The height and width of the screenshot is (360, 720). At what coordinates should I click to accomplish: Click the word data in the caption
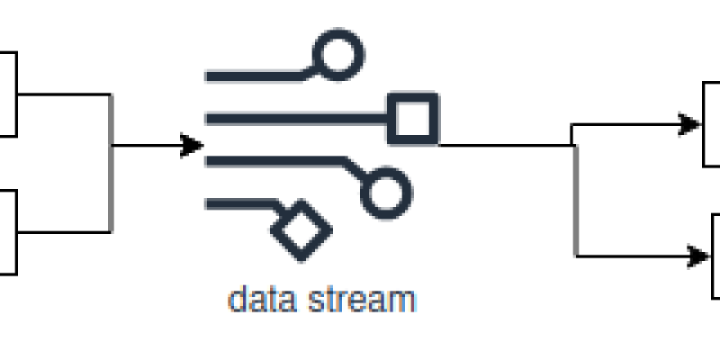pos(256,298)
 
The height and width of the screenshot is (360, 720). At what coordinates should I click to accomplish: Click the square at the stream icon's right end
pos(413,118)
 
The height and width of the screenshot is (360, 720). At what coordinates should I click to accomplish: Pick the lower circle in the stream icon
pos(385,191)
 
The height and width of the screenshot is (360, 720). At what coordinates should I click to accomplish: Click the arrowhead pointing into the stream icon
pos(192,144)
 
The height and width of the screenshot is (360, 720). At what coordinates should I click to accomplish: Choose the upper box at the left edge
pos(7,94)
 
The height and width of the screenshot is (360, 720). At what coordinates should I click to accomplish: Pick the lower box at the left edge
pos(7,231)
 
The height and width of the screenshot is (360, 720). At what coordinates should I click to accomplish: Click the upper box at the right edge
pos(712,123)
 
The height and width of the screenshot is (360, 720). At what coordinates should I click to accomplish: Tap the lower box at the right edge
pos(715,256)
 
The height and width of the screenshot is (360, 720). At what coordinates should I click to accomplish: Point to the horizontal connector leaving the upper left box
pos(63,94)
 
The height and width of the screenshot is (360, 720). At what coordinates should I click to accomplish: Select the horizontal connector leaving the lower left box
pos(63,232)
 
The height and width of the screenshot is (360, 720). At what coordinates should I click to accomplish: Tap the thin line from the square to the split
pos(504,144)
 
